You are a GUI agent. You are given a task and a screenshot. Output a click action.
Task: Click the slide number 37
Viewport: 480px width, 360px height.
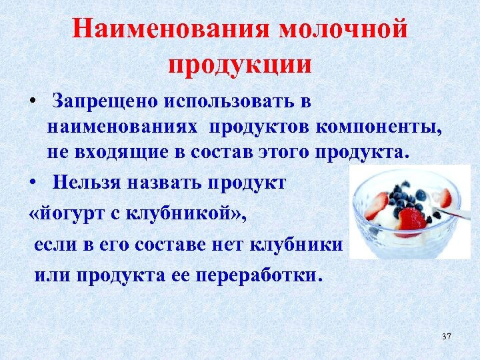pos(446,337)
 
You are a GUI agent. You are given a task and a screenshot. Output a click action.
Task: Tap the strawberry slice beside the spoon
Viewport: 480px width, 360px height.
pos(443,197)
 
